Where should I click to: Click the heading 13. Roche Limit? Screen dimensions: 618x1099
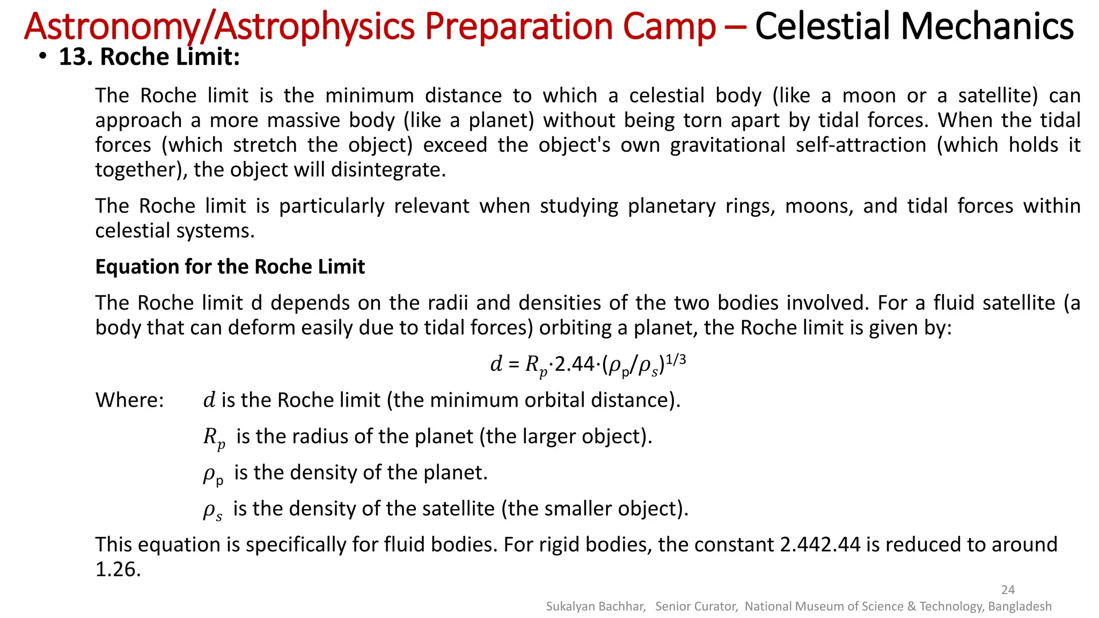click(x=149, y=57)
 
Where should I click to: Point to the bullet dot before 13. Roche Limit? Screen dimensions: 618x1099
click(x=42, y=57)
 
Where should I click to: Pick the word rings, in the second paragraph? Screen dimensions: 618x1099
click(x=750, y=206)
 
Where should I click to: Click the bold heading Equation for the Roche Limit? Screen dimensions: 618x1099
click(x=230, y=267)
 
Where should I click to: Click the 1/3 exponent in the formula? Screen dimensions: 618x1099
click(x=676, y=359)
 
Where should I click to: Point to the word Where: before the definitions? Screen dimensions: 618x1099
click(x=129, y=400)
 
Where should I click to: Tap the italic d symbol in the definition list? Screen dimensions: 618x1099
click(x=209, y=400)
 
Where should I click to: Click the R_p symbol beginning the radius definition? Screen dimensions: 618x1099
click(x=214, y=438)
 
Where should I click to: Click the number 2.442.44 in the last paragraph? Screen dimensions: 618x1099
click(x=819, y=545)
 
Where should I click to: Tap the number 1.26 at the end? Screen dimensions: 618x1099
click(x=118, y=569)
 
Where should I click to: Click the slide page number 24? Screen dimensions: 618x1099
click(x=1008, y=590)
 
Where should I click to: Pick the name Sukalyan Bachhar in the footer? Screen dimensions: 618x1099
click(x=595, y=606)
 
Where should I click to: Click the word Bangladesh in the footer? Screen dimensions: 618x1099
click(x=1020, y=606)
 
